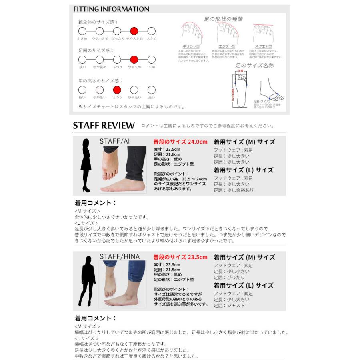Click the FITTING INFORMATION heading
pos(111,9)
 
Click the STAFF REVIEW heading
pos(104,126)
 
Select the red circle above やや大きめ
pos(134,31)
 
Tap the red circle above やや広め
pos(134,60)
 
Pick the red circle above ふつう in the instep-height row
pos(117,90)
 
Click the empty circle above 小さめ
pos(82,31)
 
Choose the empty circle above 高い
pos(151,90)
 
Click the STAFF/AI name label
pos(114,141)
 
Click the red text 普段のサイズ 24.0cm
pos(180,142)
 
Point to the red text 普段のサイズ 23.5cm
pos(180,257)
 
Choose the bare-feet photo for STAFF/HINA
pos(123,284)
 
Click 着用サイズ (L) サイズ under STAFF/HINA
pos(243,286)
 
